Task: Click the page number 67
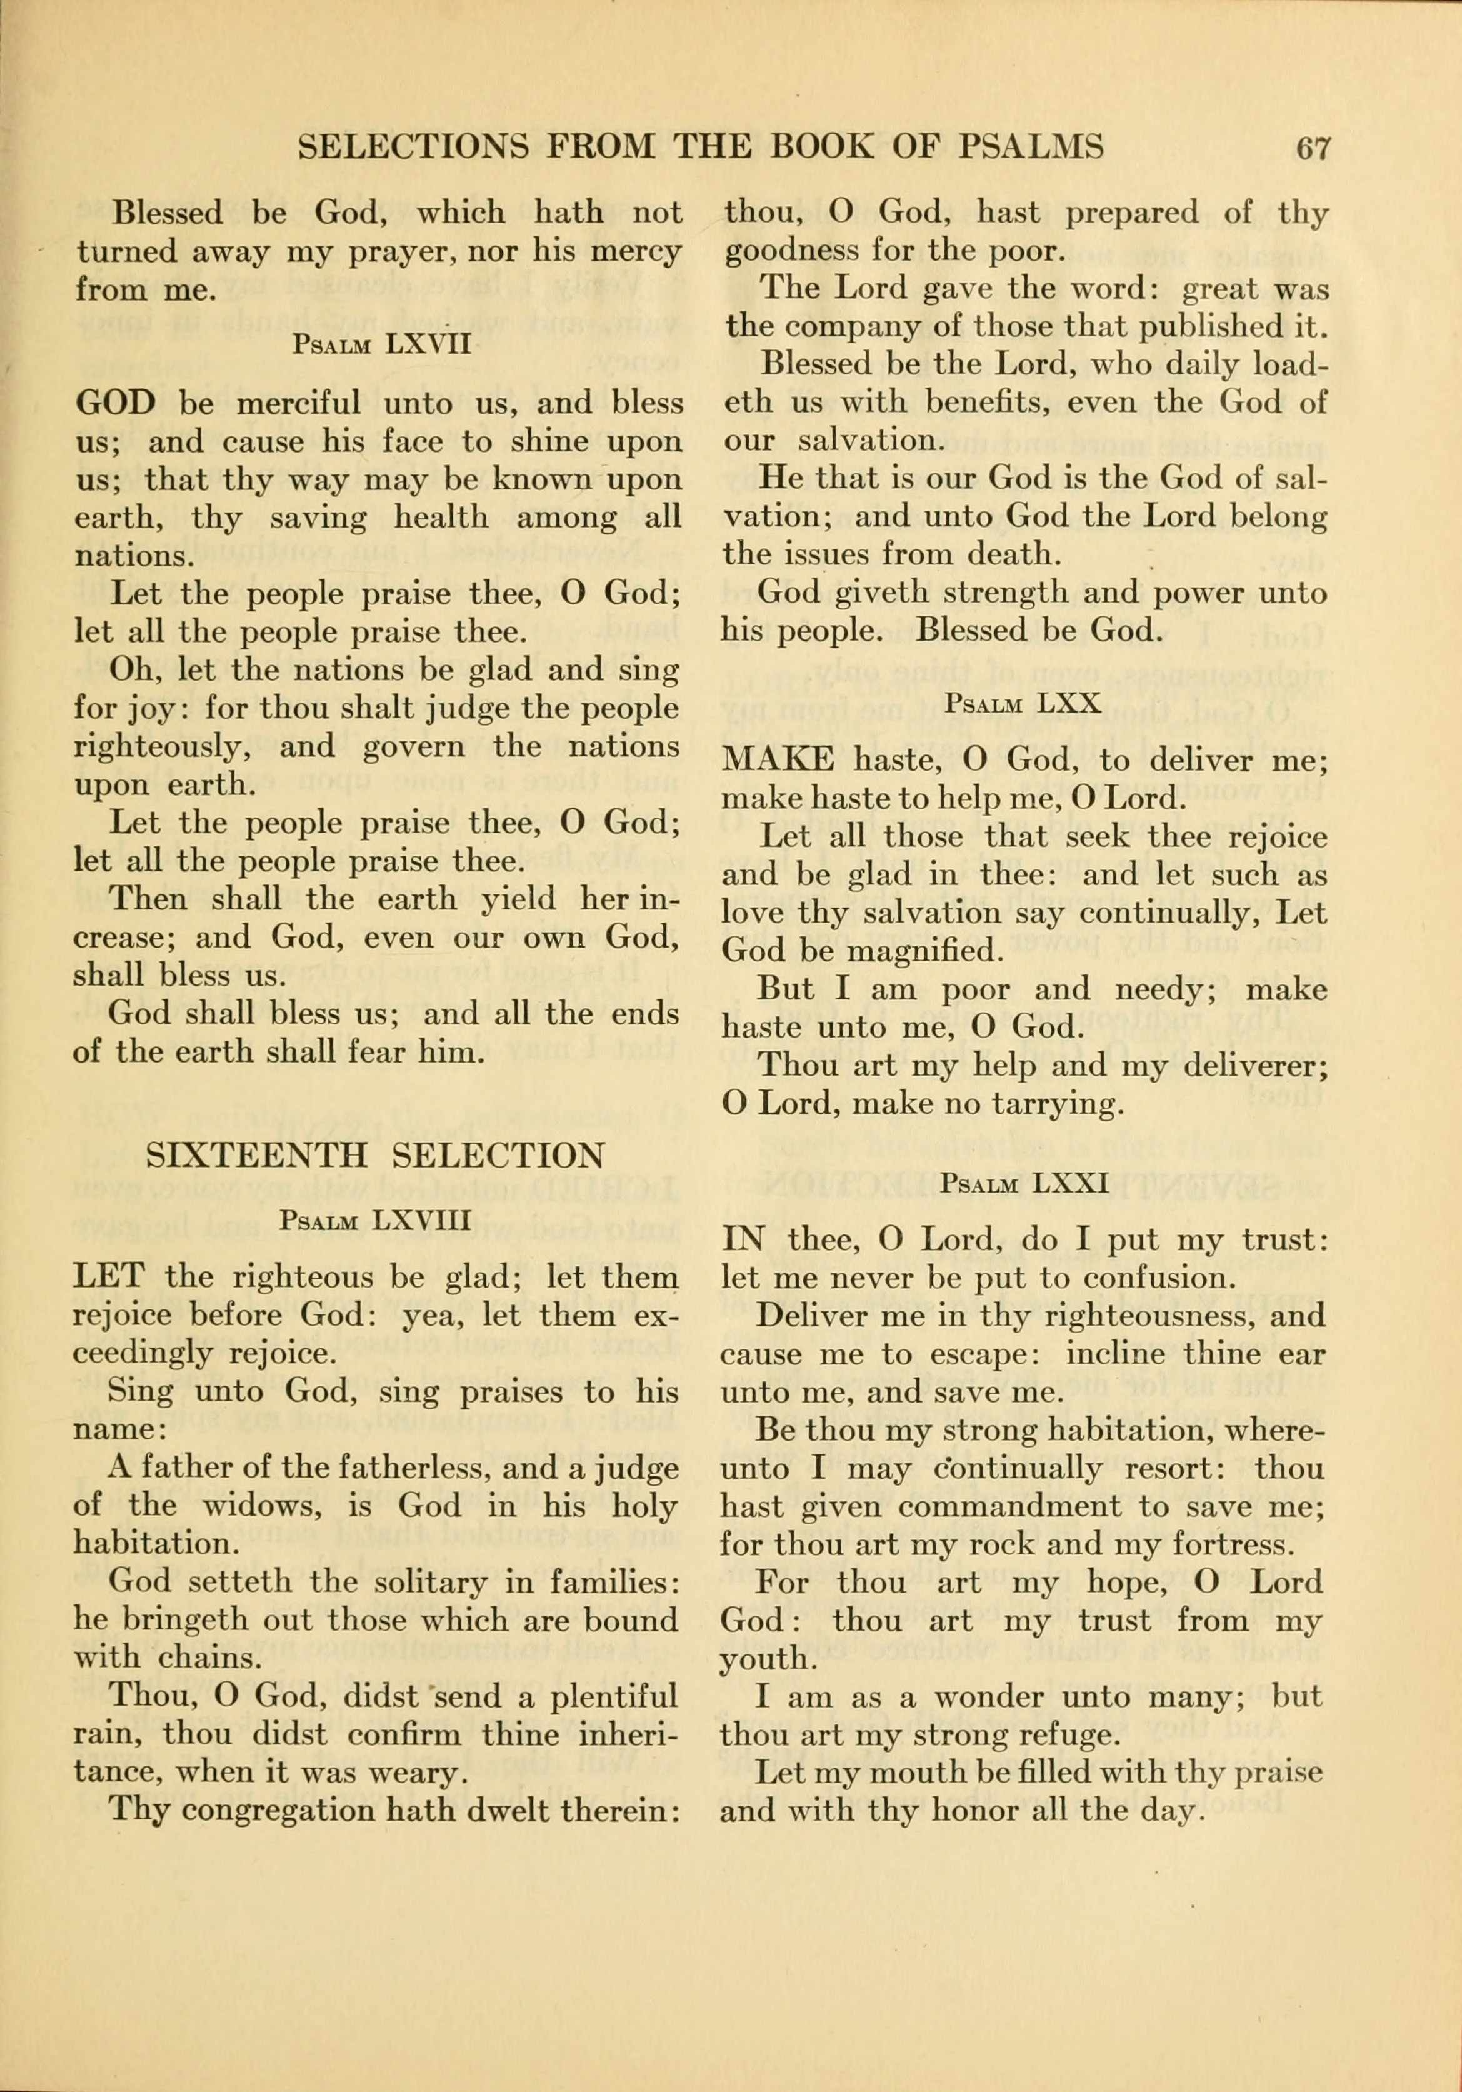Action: pos(1313,148)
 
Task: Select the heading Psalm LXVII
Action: pos(382,345)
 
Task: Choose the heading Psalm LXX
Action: pos(1024,703)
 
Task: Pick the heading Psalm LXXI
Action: pos(1024,1184)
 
